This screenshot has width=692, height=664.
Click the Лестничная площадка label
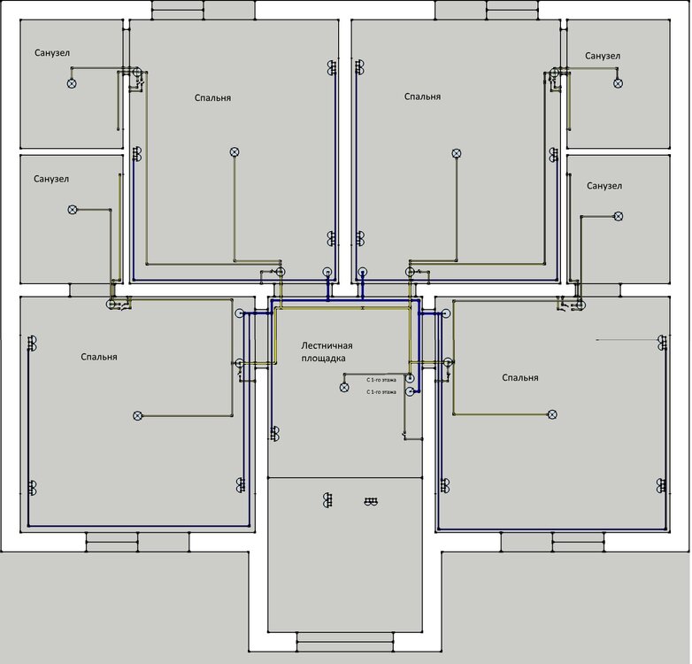(x=327, y=352)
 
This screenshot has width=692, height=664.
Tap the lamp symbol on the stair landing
(x=344, y=387)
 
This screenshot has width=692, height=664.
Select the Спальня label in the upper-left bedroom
(x=213, y=97)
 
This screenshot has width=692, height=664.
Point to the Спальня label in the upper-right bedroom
(x=422, y=97)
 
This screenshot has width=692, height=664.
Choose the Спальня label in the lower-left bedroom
(x=99, y=357)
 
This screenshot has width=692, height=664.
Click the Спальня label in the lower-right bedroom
(x=520, y=378)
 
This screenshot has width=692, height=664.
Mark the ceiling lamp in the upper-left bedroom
(x=235, y=152)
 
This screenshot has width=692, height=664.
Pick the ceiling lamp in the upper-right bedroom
(x=457, y=153)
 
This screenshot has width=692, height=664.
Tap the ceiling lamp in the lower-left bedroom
(x=137, y=415)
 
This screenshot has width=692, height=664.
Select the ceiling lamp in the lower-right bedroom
(x=552, y=414)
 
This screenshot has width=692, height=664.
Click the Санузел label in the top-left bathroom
(x=52, y=53)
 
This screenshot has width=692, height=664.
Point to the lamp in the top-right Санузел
(x=619, y=83)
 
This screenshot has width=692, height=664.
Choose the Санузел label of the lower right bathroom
(x=604, y=186)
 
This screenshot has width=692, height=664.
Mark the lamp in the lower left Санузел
(x=73, y=210)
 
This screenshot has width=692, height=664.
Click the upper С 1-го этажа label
(x=381, y=379)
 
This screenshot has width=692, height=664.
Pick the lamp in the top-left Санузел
(x=73, y=83)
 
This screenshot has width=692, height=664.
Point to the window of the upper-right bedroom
(x=487, y=10)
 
